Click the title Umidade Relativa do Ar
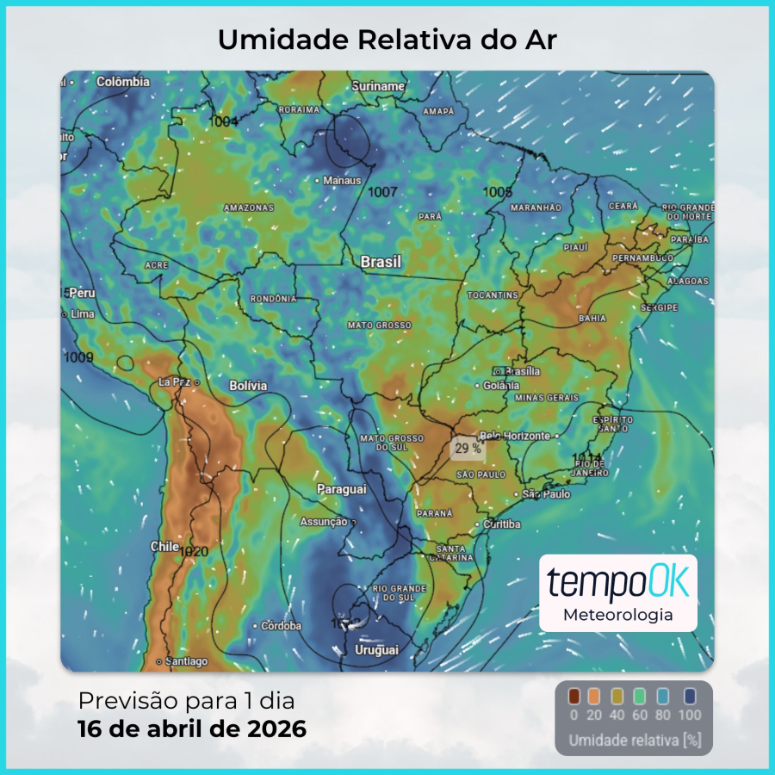pyautogui.click(x=387, y=40)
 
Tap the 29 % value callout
pyautogui.click(x=468, y=449)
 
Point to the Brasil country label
pyautogui.click(x=381, y=262)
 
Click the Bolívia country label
pyautogui.click(x=248, y=386)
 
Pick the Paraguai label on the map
pyautogui.click(x=342, y=489)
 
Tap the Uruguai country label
pyautogui.click(x=376, y=649)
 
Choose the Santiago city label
pyautogui.click(x=186, y=661)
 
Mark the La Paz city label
pyautogui.click(x=176, y=381)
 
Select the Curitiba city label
pyautogui.click(x=502, y=524)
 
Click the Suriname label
pyautogui.click(x=378, y=86)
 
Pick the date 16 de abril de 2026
pyautogui.click(x=192, y=729)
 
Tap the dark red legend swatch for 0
pyautogui.click(x=574, y=697)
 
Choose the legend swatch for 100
pyautogui.click(x=690, y=697)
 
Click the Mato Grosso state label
pyautogui.click(x=379, y=325)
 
